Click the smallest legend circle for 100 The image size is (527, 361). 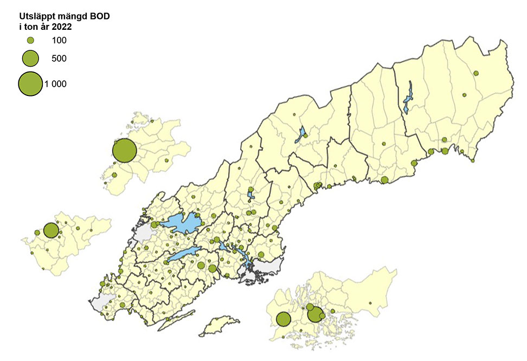pyautogui.click(x=30, y=40)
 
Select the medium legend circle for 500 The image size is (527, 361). pyautogui.click(x=30, y=58)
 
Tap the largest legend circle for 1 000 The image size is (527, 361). pyautogui.click(x=30, y=83)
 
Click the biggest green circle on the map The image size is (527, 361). pyautogui.click(x=124, y=151)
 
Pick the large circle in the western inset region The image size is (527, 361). pyautogui.click(x=51, y=230)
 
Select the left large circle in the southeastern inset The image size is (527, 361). pyautogui.click(x=283, y=319)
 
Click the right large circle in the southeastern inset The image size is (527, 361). pyautogui.click(x=314, y=314)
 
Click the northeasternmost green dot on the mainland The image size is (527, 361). pyautogui.click(x=476, y=73)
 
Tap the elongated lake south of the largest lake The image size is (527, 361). pyautogui.click(x=185, y=254)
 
